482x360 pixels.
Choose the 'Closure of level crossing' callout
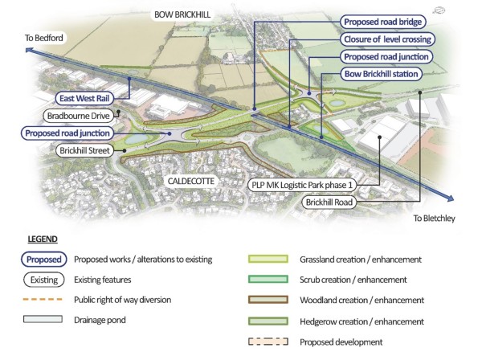tap(389, 39)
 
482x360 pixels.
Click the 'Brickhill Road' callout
tap(330, 202)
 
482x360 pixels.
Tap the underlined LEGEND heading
tap(43, 239)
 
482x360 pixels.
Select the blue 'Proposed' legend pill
tap(43, 260)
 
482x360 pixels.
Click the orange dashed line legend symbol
tap(43, 300)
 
